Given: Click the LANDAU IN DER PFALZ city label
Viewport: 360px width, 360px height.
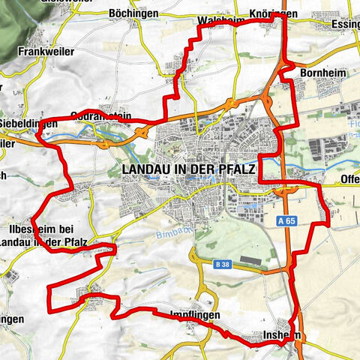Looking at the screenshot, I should [x=188, y=170].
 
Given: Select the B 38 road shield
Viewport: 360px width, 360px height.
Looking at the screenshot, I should [x=220, y=264].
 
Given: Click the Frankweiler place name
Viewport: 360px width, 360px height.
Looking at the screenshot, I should [x=42, y=53].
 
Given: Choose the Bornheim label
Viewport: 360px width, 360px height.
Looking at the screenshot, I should [x=320, y=73].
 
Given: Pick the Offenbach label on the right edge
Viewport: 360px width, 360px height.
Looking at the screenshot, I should [x=349, y=180].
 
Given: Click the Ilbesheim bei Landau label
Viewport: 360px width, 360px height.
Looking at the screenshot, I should [x=45, y=235].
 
